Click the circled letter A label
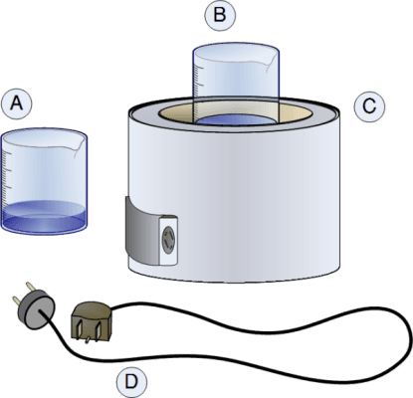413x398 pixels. [17, 103]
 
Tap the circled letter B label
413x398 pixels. [220, 15]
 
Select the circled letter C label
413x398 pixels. [369, 106]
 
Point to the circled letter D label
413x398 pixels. [131, 382]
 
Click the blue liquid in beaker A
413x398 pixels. [44, 216]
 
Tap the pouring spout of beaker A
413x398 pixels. [79, 146]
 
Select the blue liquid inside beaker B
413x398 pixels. [236, 119]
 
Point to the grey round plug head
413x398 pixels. [37, 309]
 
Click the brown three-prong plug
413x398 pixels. [92, 321]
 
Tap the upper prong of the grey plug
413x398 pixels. [30, 287]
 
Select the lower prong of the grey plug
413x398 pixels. [17, 301]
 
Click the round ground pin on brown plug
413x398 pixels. [88, 340]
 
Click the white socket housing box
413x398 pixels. [168, 240]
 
